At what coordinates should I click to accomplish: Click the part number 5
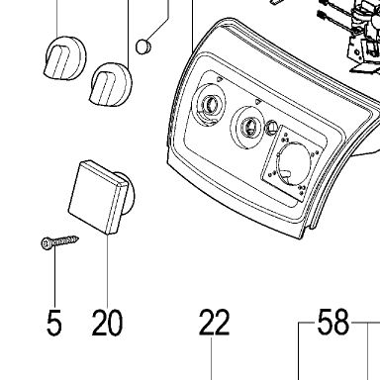click(54, 323)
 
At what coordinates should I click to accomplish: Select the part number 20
click(107, 323)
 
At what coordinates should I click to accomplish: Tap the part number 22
click(214, 323)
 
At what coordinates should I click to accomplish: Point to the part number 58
click(332, 322)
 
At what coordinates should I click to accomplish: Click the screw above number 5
click(60, 241)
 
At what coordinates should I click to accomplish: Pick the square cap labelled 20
click(98, 197)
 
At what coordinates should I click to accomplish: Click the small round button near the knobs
click(143, 47)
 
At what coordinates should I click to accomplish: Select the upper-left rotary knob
click(64, 58)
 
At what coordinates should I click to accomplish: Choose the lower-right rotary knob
click(111, 84)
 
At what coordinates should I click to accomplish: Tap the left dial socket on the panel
click(209, 105)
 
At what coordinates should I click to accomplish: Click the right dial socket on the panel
click(248, 127)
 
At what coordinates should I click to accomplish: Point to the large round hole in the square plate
click(294, 162)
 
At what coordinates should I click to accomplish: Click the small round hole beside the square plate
click(272, 126)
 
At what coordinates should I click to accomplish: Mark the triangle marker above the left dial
click(220, 79)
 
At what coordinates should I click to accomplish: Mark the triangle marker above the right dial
click(258, 102)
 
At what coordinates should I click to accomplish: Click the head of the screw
click(46, 243)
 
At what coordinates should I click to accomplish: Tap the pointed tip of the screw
click(78, 237)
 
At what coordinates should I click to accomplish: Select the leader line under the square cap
click(108, 269)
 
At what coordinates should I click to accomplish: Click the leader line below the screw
click(54, 277)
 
